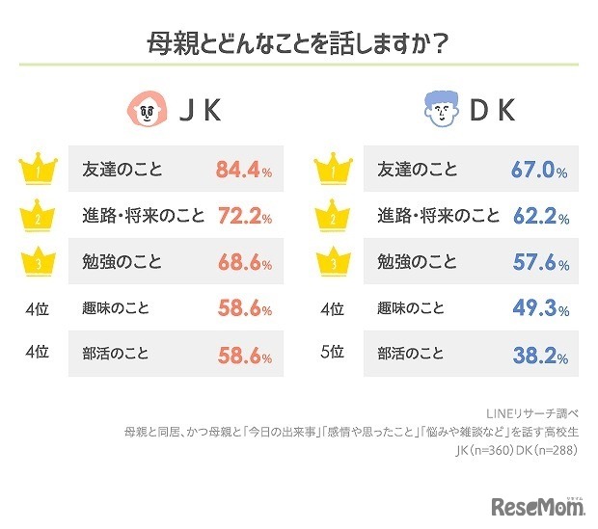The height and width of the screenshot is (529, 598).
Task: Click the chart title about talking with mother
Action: [x=298, y=44]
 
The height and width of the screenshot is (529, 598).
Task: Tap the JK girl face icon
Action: [x=146, y=112]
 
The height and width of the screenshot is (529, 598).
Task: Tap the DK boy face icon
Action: [x=442, y=112]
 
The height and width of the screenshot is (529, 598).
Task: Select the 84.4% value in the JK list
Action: [x=243, y=172]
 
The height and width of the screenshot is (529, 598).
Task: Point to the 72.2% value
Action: [x=243, y=216]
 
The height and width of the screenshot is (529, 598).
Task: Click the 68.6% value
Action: [x=243, y=262]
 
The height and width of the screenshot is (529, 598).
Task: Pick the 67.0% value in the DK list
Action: [x=538, y=172]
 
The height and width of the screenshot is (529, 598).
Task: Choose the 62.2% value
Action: [x=538, y=216]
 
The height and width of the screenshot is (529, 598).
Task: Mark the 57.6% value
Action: [x=538, y=262]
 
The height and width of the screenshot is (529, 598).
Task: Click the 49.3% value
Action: [x=538, y=308]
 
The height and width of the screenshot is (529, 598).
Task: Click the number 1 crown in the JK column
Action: [x=36, y=170]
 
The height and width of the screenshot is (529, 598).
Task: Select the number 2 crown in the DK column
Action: [x=332, y=215]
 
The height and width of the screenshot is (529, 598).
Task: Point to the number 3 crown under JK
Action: [x=36, y=261]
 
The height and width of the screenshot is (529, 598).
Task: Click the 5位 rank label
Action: [x=332, y=354]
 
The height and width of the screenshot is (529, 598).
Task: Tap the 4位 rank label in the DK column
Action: [x=332, y=308]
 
